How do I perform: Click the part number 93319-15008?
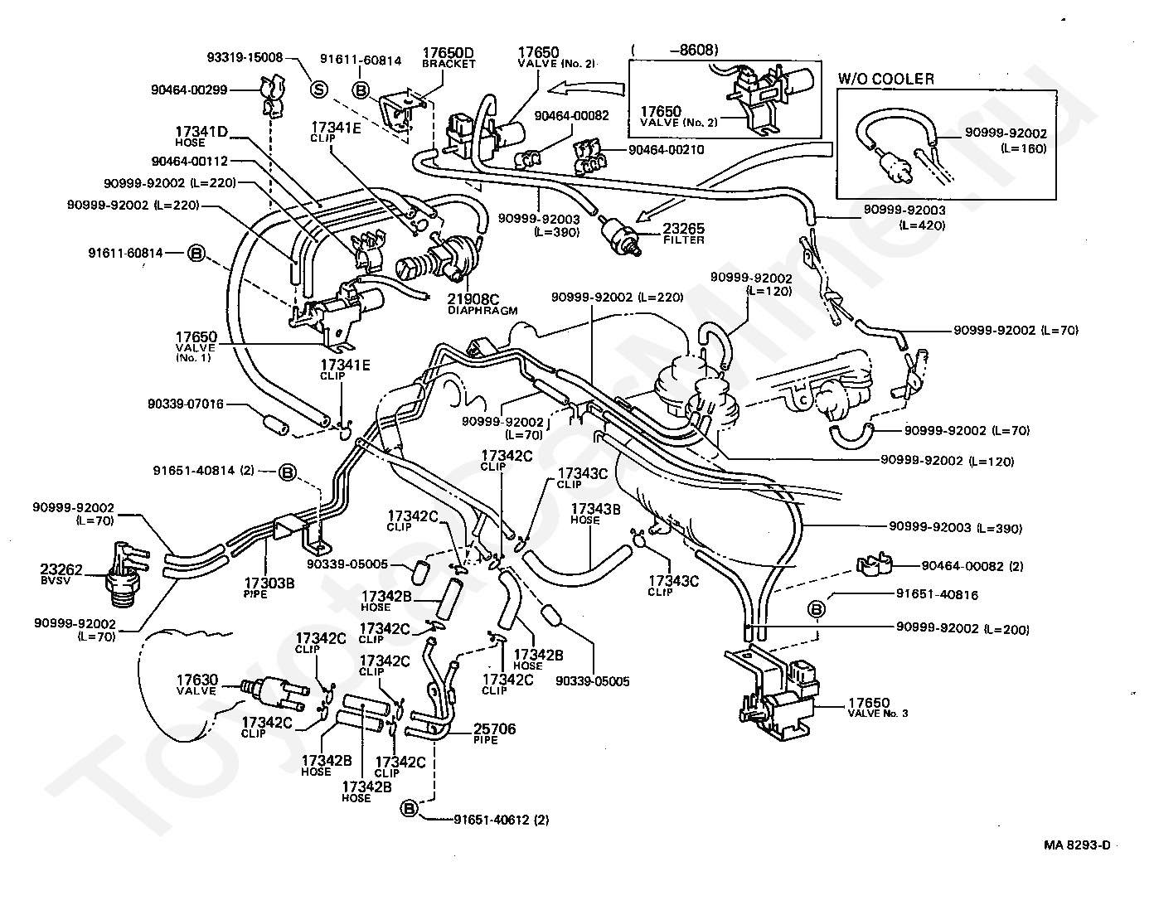(x=245, y=57)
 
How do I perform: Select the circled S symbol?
(x=319, y=89)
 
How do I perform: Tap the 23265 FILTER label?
(x=684, y=234)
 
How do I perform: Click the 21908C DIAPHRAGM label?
(x=482, y=303)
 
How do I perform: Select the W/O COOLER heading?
(x=886, y=79)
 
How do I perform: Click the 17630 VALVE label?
(x=197, y=685)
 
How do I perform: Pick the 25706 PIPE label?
(x=494, y=733)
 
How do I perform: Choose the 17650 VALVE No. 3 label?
(x=877, y=707)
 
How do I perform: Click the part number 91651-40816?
(x=938, y=594)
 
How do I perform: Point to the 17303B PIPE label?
(x=269, y=588)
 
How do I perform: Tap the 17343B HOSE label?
(x=596, y=514)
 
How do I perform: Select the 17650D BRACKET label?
(x=449, y=57)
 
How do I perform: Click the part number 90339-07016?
(x=186, y=404)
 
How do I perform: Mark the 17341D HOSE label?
(x=201, y=136)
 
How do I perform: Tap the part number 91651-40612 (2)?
(x=502, y=820)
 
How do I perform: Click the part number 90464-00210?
(x=667, y=149)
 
